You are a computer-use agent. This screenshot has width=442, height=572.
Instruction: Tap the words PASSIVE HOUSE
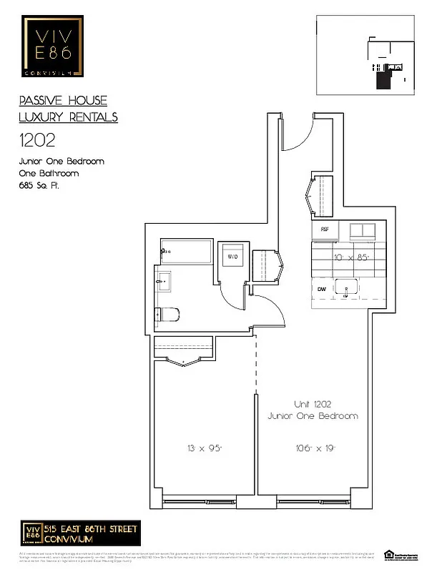[x=63, y=101]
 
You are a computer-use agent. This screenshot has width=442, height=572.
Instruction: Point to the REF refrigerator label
[x=325, y=230]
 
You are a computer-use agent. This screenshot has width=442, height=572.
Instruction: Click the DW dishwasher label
[x=323, y=289]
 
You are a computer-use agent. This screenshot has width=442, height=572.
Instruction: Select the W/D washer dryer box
[x=232, y=255]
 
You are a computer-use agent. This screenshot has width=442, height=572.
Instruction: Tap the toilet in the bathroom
[x=169, y=314]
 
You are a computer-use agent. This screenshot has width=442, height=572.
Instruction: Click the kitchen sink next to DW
[x=347, y=290]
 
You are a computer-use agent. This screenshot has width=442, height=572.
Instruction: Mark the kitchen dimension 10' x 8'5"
[x=350, y=258]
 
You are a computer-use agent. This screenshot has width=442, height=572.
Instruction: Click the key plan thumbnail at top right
[x=365, y=55]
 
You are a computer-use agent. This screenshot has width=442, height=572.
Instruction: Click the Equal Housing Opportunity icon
[x=389, y=553]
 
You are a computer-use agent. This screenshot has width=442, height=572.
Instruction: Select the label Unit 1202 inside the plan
[x=313, y=404]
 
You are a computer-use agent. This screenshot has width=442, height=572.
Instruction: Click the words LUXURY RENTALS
[x=68, y=117]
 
